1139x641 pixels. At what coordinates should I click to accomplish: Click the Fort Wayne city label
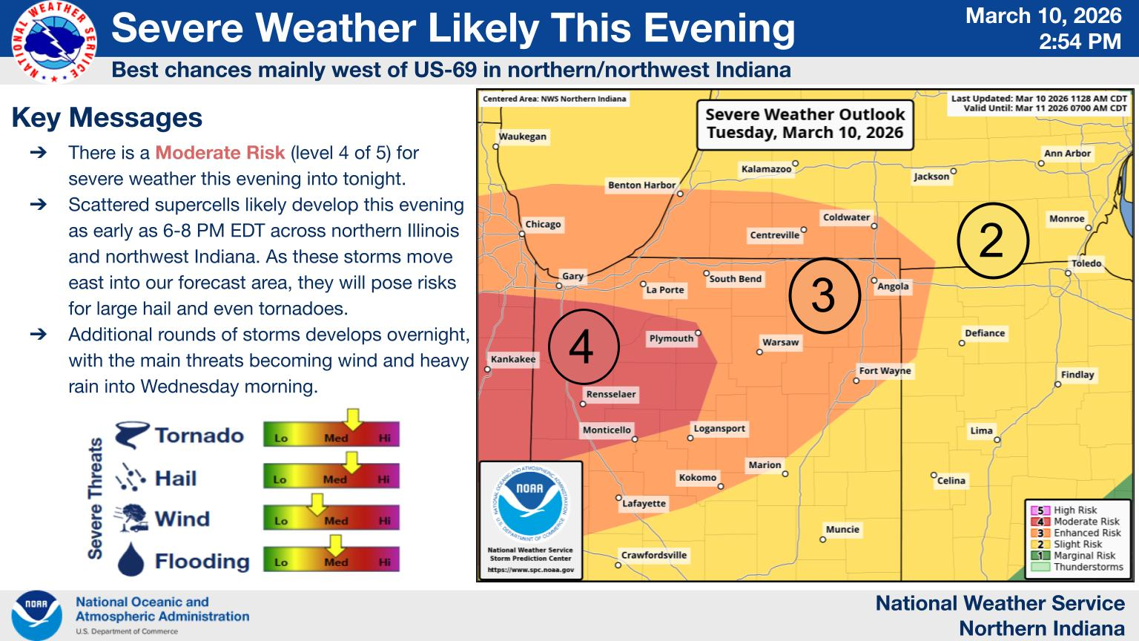[x=885, y=371]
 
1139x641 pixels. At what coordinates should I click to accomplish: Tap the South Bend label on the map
[x=736, y=279]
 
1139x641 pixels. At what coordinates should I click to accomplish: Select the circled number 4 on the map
[x=584, y=346]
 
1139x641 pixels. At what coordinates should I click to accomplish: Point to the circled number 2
[x=993, y=240]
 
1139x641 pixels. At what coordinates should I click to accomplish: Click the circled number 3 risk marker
[x=825, y=295]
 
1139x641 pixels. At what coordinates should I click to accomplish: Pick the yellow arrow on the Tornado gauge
[x=352, y=418]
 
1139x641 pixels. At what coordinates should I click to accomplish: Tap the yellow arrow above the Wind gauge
[x=317, y=504]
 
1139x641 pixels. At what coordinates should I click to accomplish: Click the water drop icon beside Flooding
[x=131, y=559]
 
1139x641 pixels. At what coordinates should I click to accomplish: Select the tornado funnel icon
[x=132, y=435]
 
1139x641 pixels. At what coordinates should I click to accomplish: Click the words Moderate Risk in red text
[x=219, y=153]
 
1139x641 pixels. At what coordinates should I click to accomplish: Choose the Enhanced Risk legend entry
[x=1077, y=533]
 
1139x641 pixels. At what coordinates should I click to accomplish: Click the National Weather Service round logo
[x=54, y=42]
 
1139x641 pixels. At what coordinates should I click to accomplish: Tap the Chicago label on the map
[x=543, y=224]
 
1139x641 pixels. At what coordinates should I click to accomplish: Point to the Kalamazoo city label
[x=766, y=169]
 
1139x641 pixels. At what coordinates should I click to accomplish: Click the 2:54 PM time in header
[x=1080, y=42]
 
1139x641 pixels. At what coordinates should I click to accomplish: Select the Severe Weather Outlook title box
[x=805, y=124]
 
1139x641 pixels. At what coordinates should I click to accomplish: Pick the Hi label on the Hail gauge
[x=384, y=479]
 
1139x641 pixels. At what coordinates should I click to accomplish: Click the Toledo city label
[x=1086, y=263]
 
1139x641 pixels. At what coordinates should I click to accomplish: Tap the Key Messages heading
[x=107, y=117]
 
